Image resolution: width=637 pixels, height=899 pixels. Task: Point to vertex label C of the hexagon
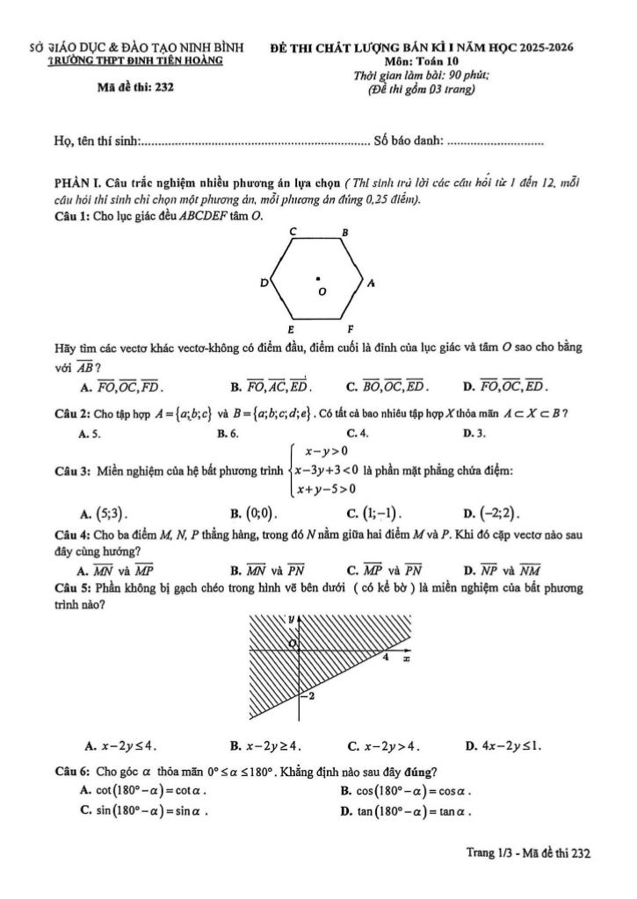(x=293, y=230)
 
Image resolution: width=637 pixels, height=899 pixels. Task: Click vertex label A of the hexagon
(x=372, y=283)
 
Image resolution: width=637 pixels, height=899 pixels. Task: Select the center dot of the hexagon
(x=318, y=279)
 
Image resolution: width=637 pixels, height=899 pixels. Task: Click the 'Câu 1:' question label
(x=70, y=216)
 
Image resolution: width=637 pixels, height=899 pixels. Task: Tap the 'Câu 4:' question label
(x=70, y=533)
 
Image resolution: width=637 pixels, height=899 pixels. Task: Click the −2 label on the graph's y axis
(x=308, y=696)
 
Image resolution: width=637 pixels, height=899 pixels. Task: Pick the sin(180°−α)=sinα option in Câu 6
(x=144, y=810)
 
